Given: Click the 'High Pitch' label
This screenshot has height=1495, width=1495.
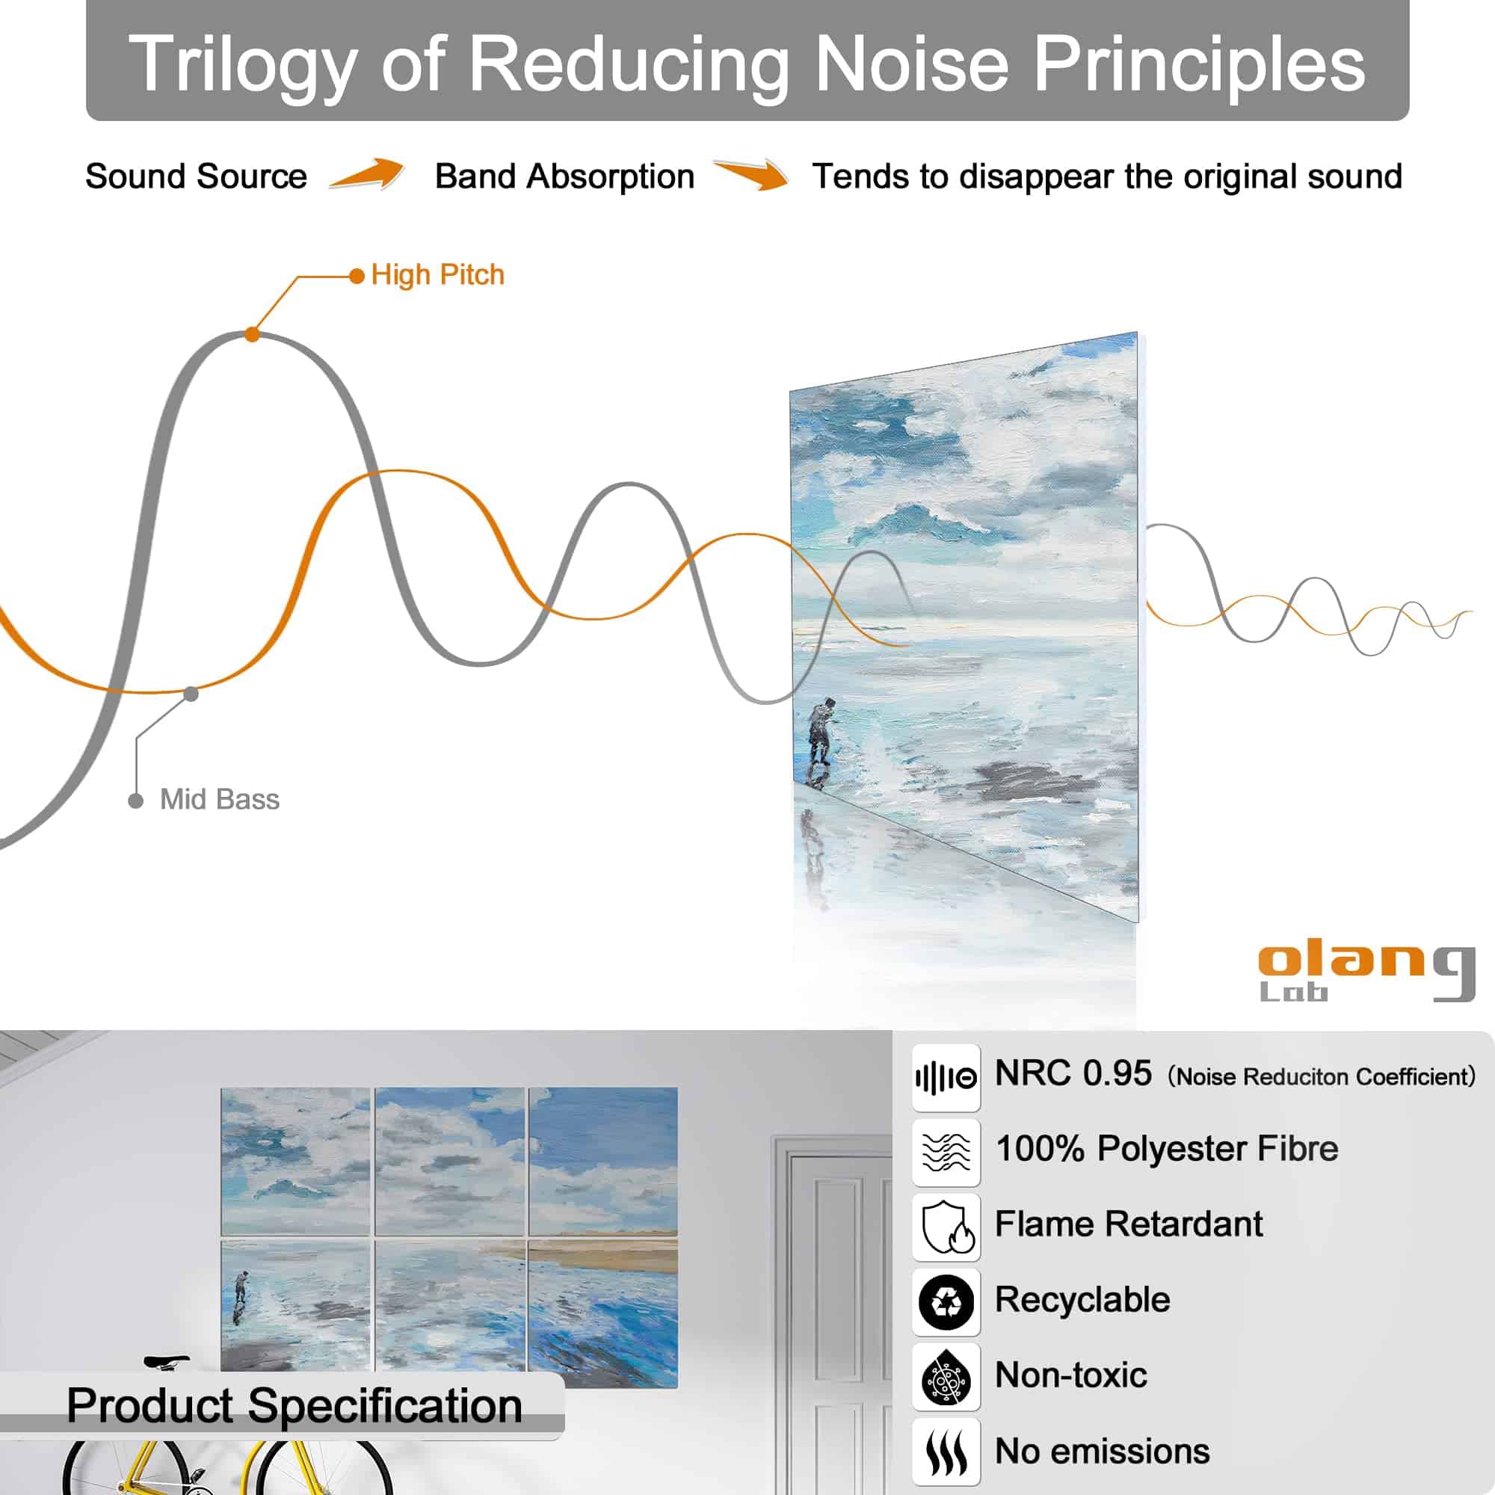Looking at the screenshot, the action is (437, 274).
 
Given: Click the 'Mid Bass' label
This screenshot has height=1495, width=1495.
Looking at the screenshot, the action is (220, 799).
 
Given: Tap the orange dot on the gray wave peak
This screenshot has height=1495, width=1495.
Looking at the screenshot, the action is (252, 334).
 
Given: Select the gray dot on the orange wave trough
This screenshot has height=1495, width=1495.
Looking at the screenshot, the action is (191, 694).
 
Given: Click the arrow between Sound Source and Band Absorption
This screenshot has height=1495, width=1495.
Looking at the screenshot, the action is (367, 174).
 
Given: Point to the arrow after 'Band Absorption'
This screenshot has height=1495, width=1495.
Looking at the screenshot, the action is (750, 174).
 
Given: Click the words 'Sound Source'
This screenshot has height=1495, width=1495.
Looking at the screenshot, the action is (196, 176).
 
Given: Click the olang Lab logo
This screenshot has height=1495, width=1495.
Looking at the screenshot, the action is (1366, 973).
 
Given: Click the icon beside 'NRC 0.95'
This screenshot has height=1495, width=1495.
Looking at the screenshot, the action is (946, 1077).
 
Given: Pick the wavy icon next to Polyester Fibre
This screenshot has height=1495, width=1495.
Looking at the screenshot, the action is (946, 1152).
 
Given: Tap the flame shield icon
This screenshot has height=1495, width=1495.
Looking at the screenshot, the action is (946, 1227).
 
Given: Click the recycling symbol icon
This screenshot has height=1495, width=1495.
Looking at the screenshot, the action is (946, 1302).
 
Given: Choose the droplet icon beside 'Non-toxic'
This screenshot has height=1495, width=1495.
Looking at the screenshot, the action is (946, 1378).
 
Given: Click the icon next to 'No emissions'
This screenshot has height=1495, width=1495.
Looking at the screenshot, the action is (946, 1452).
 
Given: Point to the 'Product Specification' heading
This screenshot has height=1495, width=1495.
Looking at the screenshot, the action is (294, 1405).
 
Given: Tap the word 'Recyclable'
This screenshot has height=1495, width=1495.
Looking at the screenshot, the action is (1082, 1300).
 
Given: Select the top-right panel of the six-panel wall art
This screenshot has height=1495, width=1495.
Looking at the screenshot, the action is (602, 1162).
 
